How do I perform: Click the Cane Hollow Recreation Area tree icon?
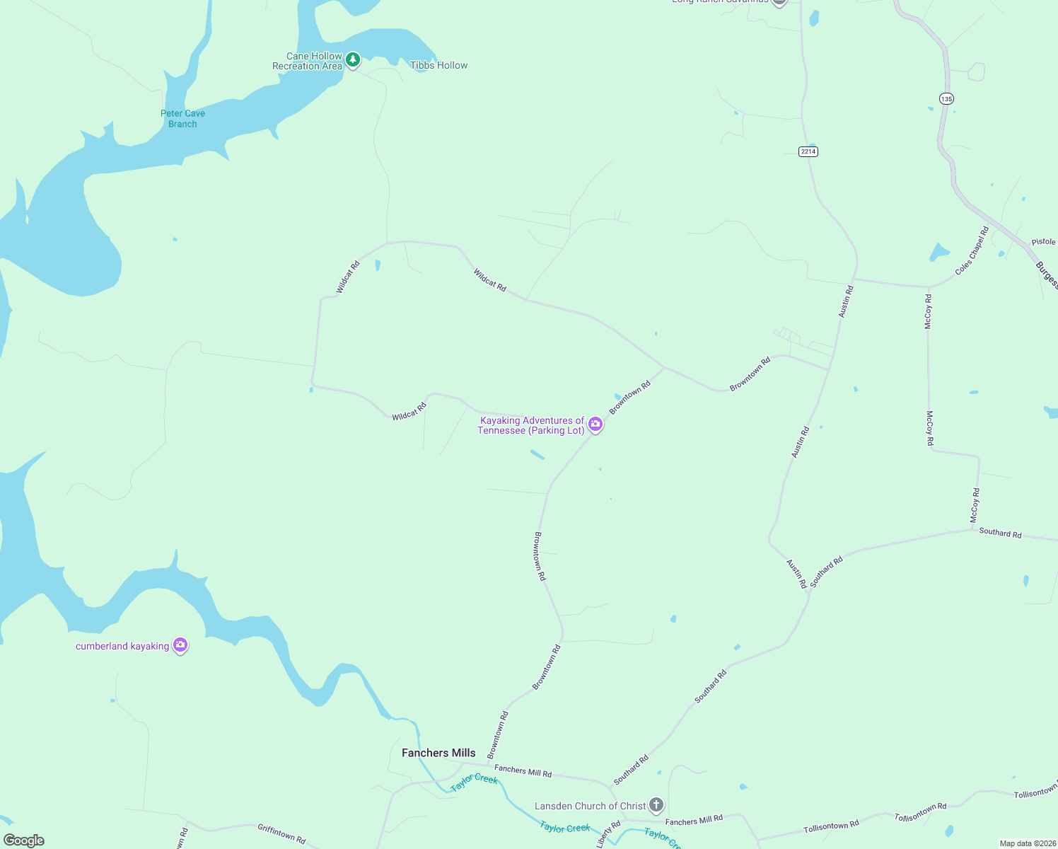click(353, 60)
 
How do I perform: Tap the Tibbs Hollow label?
click(438, 65)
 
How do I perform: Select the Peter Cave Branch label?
click(182, 118)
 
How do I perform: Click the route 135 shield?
click(946, 98)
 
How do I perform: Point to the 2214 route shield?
click(808, 151)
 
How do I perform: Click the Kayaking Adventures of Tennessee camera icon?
click(595, 424)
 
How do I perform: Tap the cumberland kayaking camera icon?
click(180, 645)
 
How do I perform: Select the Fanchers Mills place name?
click(438, 753)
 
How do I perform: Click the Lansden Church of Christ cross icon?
click(656, 805)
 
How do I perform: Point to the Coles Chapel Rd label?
click(972, 250)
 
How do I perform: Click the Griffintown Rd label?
click(281, 833)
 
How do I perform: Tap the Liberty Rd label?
click(608, 834)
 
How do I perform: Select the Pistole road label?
click(1043, 242)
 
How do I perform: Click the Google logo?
click(24, 840)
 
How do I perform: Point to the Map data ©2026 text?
click(1028, 843)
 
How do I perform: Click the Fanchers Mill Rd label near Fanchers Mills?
click(523, 770)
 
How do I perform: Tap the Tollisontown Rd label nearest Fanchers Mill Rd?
click(831, 826)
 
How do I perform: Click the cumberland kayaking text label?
click(122, 646)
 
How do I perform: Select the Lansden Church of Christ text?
click(590, 806)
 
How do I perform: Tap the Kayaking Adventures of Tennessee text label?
click(531, 425)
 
